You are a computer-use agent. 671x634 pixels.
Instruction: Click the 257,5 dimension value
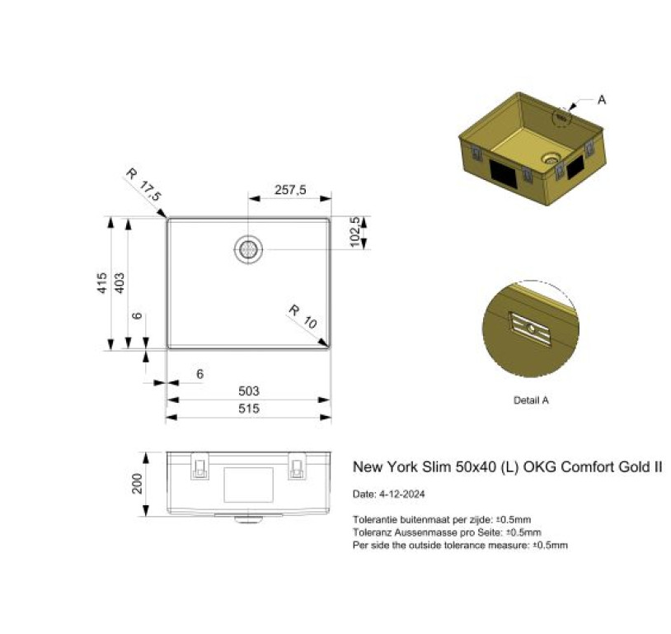click(x=290, y=190)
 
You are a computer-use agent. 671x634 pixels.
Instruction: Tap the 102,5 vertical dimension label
click(x=354, y=232)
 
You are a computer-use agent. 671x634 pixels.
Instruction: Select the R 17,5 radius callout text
click(x=143, y=185)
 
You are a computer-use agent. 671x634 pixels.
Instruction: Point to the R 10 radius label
click(x=303, y=316)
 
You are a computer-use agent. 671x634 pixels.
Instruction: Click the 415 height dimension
click(x=102, y=283)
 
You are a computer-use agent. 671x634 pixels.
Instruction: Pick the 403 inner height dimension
click(x=120, y=283)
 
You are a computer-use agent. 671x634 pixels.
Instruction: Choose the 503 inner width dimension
click(x=249, y=391)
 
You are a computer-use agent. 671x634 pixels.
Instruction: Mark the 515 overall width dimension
click(x=249, y=409)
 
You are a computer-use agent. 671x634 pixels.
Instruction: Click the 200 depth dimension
click(x=137, y=484)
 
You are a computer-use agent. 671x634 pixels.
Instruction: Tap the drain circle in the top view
click(x=248, y=249)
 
